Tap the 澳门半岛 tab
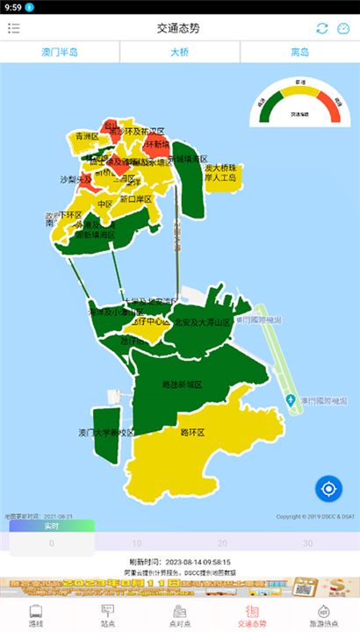[60, 52]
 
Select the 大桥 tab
[179, 52]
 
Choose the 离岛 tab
[299, 52]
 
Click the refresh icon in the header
[322, 28]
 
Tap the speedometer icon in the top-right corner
[343, 28]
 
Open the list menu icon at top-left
[14, 28]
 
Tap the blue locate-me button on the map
[328, 488]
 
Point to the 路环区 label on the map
[192, 433]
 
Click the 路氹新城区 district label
[182, 384]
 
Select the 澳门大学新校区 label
[106, 432]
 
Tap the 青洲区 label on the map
[86, 137]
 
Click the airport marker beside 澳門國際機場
[291, 401]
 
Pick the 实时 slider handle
[51, 527]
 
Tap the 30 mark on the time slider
[307, 543]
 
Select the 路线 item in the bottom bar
[36, 615]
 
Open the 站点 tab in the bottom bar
[108, 615]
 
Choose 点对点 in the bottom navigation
[179, 615]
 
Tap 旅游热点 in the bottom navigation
[323, 615]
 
